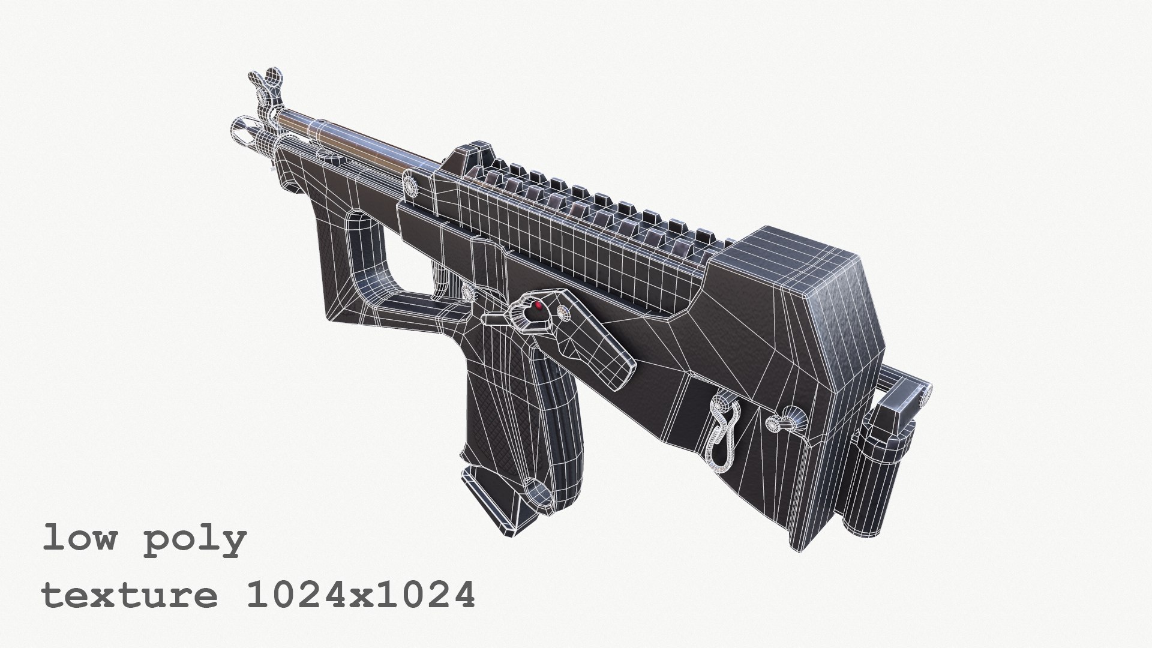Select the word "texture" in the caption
130,596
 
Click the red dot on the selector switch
538,306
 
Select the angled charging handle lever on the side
600,348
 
